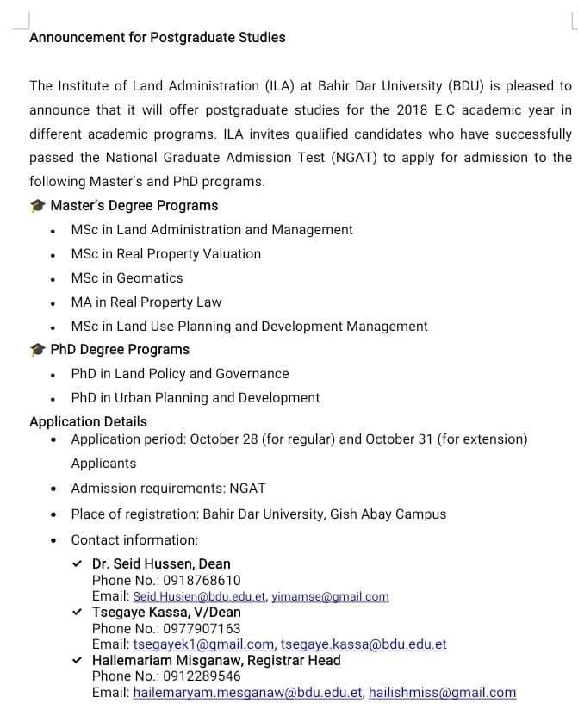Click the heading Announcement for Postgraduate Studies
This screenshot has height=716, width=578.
point(158,37)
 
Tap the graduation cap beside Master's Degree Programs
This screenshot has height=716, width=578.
point(37,206)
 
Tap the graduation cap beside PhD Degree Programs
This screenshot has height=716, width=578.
point(37,350)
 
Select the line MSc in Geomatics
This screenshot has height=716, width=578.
point(127,277)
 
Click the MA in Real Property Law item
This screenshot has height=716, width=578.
point(146,302)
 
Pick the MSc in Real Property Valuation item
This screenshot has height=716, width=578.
point(165,253)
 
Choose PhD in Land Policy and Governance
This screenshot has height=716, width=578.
point(179,373)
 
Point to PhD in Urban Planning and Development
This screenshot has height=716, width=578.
point(195,397)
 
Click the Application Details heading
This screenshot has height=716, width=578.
point(88,421)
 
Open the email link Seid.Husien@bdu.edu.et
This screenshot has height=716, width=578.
point(200,596)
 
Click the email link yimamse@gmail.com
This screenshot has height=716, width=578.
point(330,596)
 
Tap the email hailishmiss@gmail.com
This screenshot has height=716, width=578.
point(442,692)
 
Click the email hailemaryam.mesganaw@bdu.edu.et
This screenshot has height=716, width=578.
point(248,692)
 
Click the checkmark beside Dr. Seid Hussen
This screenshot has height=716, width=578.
point(78,564)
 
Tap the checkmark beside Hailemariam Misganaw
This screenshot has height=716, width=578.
point(78,660)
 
